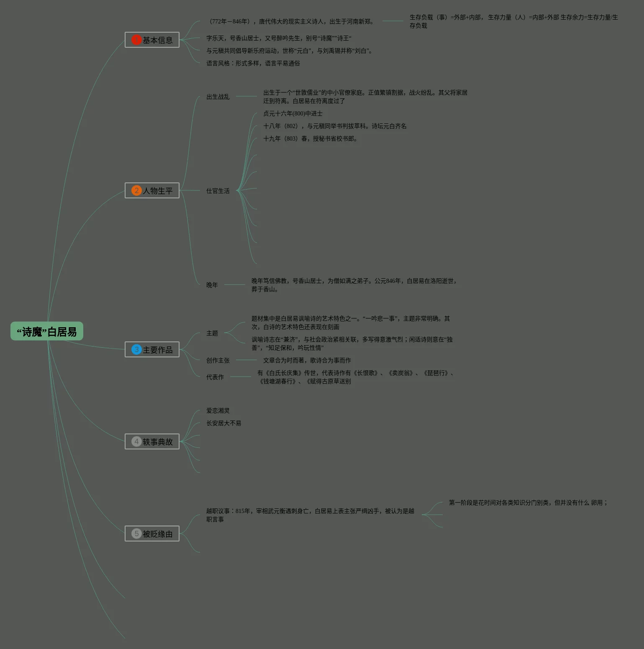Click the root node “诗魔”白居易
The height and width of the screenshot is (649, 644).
pyautogui.click(x=47, y=331)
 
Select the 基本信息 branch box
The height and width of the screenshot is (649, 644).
pyautogui.click(x=152, y=40)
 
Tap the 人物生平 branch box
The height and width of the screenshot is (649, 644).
pyautogui.click(x=152, y=190)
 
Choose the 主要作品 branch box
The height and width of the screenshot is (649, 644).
pyautogui.click(x=152, y=349)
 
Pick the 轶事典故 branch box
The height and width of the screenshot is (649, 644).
pyautogui.click(x=152, y=441)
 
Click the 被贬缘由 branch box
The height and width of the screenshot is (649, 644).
pyautogui.click(x=152, y=534)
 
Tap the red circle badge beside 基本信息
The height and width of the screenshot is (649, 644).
pyautogui.click(x=136, y=40)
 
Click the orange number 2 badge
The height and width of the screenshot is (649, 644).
pyautogui.click(x=136, y=190)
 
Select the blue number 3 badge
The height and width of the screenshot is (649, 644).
pyautogui.click(x=136, y=349)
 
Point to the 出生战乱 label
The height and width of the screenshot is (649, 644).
pyautogui.click(x=218, y=97)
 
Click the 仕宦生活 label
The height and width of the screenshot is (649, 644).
pyautogui.click(x=218, y=191)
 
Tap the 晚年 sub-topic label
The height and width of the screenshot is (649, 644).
pyautogui.click(x=212, y=285)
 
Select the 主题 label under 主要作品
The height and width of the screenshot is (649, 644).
pyautogui.click(x=212, y=333)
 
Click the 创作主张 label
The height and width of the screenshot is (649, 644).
pyautogui.click(x=218, y=360)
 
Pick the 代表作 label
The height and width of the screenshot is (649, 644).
pyautogui.click(x=215, y=377)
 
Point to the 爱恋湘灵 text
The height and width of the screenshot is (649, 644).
pyautogui.click(x=218, y=410)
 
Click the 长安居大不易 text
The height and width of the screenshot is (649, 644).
pyautogui.click(x=223, y=423)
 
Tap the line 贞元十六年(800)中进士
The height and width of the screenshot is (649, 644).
pyautogui.click(x=292, y=113)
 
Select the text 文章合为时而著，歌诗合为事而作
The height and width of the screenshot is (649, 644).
pyautogui.click(x=307, y=360)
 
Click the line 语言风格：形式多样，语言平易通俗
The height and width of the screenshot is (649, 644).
pyautogui.click(x=253, y=63)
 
